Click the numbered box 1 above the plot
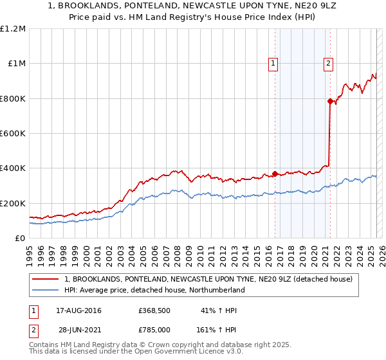point(273,63)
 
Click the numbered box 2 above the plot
point(328,63)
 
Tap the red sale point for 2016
point(275,174)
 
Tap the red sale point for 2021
point(330,101)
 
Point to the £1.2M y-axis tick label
point(13,29)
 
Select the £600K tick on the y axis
point(13,134)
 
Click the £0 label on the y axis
point(21,239)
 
